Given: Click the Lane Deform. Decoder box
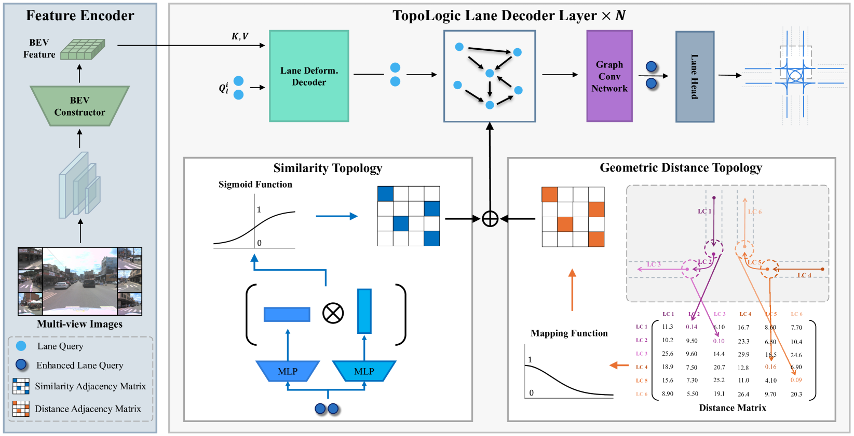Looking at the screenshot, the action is pos(309,76).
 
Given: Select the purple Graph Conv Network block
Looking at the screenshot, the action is pos(609,76).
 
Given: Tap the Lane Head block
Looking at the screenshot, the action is pos(695,77).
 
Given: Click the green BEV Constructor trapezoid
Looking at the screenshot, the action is pos(79,106).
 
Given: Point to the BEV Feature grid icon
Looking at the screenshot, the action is pos(83,49).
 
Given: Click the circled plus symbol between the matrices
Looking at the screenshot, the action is pos(490,219).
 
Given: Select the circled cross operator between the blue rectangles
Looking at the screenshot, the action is pos(333,313).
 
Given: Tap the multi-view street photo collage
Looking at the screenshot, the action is pos(80,281).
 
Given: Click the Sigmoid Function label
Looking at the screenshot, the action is pos(255,184).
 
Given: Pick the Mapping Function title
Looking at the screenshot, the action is pos(569,333).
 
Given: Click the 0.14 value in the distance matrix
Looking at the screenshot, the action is pos(691,327).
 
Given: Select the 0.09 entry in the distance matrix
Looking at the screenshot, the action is pos(796,380).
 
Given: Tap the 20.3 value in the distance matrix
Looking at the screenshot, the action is pos(796,394).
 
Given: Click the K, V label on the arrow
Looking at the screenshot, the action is pos(240,36).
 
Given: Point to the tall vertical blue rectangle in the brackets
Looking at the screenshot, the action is pos(364,311).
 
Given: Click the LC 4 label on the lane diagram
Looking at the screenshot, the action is pos(804,275).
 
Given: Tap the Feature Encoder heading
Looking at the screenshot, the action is pos(80,15).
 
